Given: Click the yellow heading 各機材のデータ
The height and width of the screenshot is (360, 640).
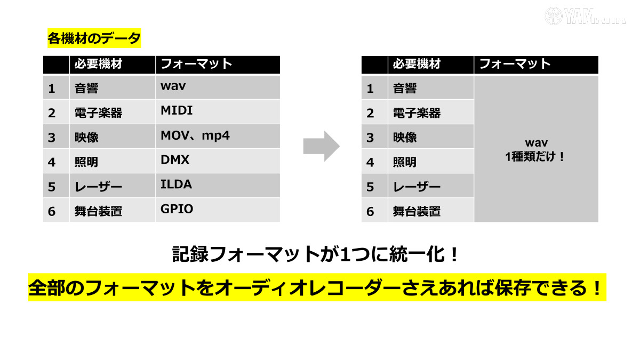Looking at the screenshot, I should point(94,38).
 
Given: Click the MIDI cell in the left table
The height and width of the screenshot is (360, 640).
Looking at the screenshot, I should point(177,111).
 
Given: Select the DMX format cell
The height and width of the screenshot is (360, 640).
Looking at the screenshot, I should point(175,159).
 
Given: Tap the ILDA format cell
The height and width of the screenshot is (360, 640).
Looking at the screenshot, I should point(176,185).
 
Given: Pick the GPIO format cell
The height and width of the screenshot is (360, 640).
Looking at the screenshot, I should point(177,209).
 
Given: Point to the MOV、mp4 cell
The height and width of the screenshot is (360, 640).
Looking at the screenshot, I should point(195,135).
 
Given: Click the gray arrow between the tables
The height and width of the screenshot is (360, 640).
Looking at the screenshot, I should point(321,146).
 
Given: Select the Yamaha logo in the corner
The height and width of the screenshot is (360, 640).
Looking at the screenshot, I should point(585,15).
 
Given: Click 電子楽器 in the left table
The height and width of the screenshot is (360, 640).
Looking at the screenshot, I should point(99,113).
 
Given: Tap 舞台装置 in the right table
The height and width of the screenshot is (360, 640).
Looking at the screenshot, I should point(417,211).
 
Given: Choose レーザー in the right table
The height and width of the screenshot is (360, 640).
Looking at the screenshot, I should point(417,187).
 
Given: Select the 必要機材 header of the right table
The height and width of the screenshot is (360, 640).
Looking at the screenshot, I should point(417,64).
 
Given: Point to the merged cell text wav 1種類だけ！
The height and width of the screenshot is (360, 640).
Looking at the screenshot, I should point(535,150).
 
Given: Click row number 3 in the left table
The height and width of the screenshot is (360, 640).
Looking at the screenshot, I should point(52,138).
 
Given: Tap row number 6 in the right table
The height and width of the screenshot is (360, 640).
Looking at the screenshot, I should point(370,211).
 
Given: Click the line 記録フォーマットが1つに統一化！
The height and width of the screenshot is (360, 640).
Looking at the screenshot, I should point(316,254).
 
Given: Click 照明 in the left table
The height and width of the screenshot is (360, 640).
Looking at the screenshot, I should point(86,162).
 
